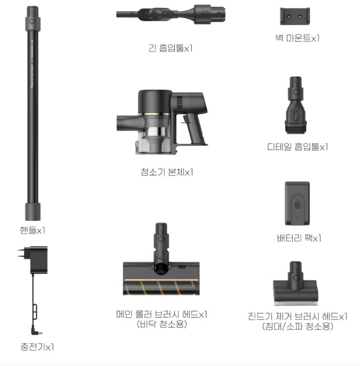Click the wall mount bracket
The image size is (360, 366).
(x=295, y=16)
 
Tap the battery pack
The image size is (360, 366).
(x=297, y=204)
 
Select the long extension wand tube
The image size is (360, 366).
(x=33, y=113)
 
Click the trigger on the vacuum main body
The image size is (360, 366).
(x=186, y=119)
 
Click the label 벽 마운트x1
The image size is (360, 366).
(x=297, y=38)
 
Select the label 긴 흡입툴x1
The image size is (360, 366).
(x=170, y=48)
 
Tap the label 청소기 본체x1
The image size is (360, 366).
(x=167, y=172)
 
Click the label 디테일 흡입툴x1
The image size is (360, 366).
(x=298, y=147)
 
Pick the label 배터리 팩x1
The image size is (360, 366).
(x=299, y=238)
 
